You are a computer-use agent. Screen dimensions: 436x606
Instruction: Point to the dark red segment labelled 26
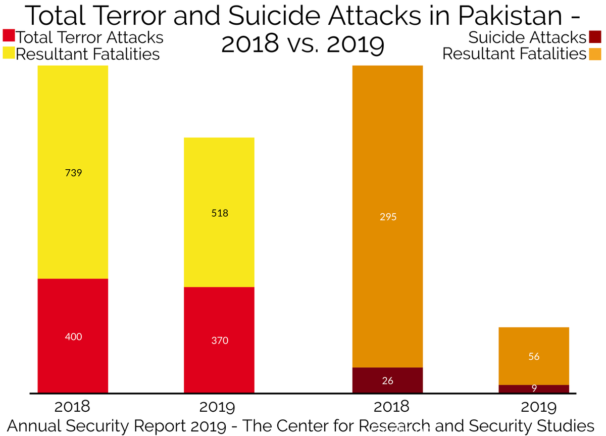click(x=387, y=380)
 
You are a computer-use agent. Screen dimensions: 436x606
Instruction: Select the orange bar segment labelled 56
click(x=534, y=356)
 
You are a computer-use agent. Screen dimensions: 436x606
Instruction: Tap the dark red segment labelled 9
click(x=534, y=389)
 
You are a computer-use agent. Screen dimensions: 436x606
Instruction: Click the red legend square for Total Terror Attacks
click(x=9, y=36)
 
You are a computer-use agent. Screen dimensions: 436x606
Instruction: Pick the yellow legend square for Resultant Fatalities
click(x=9, y=53)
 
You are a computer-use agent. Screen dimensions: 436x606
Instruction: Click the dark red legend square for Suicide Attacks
click(x=594, y=37)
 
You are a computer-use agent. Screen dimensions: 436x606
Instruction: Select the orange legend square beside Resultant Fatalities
click(x=594, y=53)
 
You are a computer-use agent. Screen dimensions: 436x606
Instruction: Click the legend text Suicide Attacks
click(x=527, y=37)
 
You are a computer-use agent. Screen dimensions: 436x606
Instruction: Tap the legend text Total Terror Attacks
click(x=90, y=37)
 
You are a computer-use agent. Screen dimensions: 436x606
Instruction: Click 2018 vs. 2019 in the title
click(x=302, y=44)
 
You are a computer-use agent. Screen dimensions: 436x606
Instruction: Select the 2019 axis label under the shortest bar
click(x=534, y=407)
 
